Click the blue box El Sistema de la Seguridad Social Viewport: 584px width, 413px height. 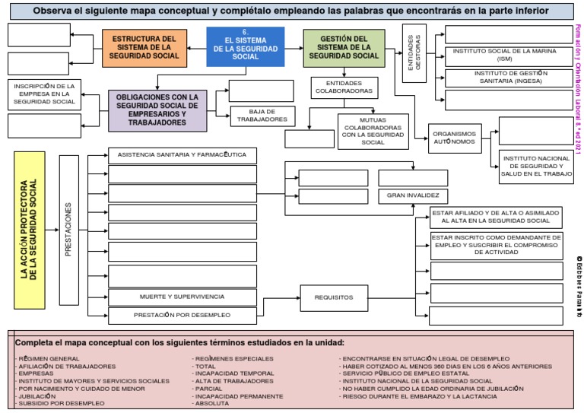[245, 47]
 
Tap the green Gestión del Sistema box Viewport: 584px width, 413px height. [344, 47]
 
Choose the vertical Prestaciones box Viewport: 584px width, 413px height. [69, 229]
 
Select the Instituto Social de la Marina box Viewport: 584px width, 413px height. [504, 56]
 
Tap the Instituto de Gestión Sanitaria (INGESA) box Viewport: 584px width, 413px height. [504, 78]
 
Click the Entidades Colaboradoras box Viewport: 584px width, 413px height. [344, 87]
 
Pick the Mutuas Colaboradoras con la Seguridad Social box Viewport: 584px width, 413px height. [373, 132]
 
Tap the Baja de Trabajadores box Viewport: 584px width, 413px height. [262, 116]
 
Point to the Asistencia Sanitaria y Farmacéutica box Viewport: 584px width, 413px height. [182, 155]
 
